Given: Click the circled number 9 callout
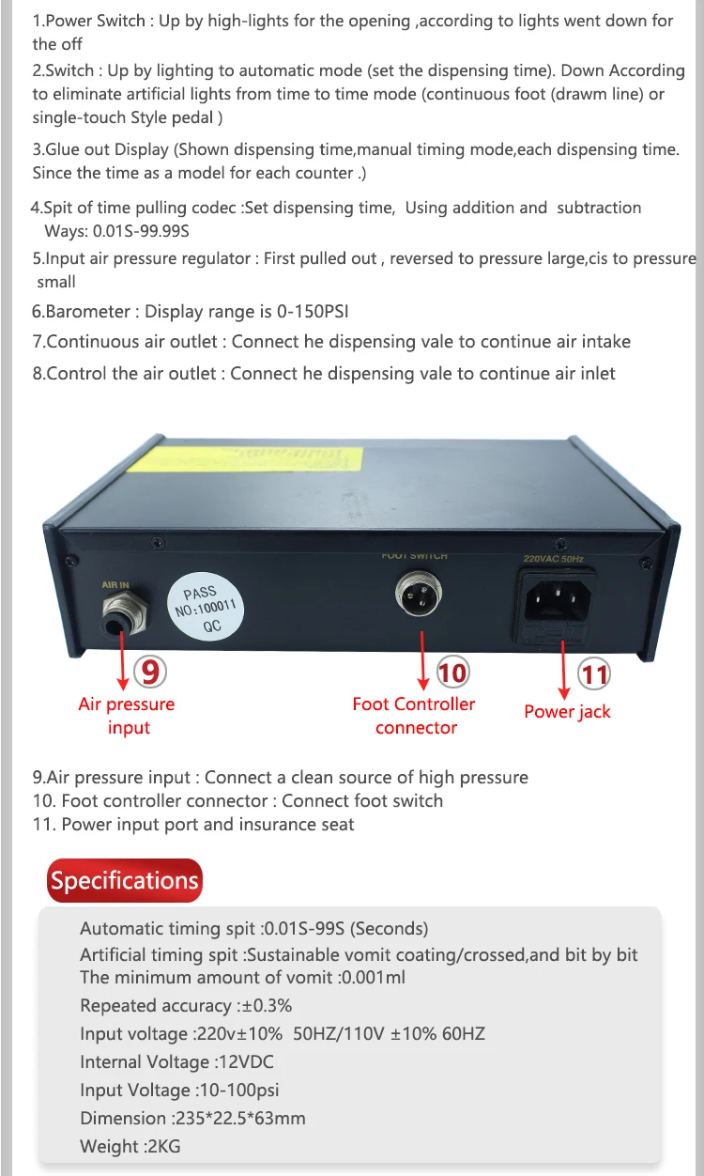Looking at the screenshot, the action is [x=150, y=672].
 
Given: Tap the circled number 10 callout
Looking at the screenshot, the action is [x=452, y=673].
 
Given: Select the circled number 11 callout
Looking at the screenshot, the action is [x=594, y=674].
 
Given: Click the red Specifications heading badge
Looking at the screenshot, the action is [x=124, y=880].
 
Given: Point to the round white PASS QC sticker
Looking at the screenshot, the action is [x=206, y=610].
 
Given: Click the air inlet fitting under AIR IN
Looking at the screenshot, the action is [x=124, y=615].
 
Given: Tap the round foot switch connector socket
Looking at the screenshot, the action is [x=418, y=594].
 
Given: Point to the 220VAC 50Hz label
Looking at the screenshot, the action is [x=554, y=559].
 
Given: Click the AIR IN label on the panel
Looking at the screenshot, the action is [x=115, y=585].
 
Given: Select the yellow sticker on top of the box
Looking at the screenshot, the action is [x=245, y=459].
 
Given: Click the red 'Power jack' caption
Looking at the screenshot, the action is [x=567, y=711].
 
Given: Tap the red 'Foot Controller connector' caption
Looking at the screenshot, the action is [x=414, y=716].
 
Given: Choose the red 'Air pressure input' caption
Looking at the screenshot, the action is [x=127, y=716].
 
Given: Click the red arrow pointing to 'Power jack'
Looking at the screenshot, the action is [x=563, y=671].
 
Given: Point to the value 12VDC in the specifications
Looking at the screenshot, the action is [x=246, y=1061].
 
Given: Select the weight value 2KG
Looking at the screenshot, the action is [x=164, y=1146].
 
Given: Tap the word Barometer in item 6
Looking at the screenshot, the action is [x=87, y=311].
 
